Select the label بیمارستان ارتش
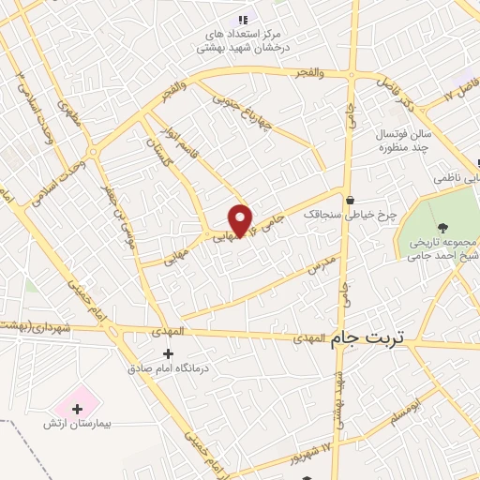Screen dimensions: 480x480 coord(77,424)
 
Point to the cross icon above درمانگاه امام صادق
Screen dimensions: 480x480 coord(169,353)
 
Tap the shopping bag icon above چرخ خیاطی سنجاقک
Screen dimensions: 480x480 coord(350,200)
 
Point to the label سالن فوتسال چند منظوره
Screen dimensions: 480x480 coord(383,142)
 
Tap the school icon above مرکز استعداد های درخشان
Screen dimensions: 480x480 coord(244,19)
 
